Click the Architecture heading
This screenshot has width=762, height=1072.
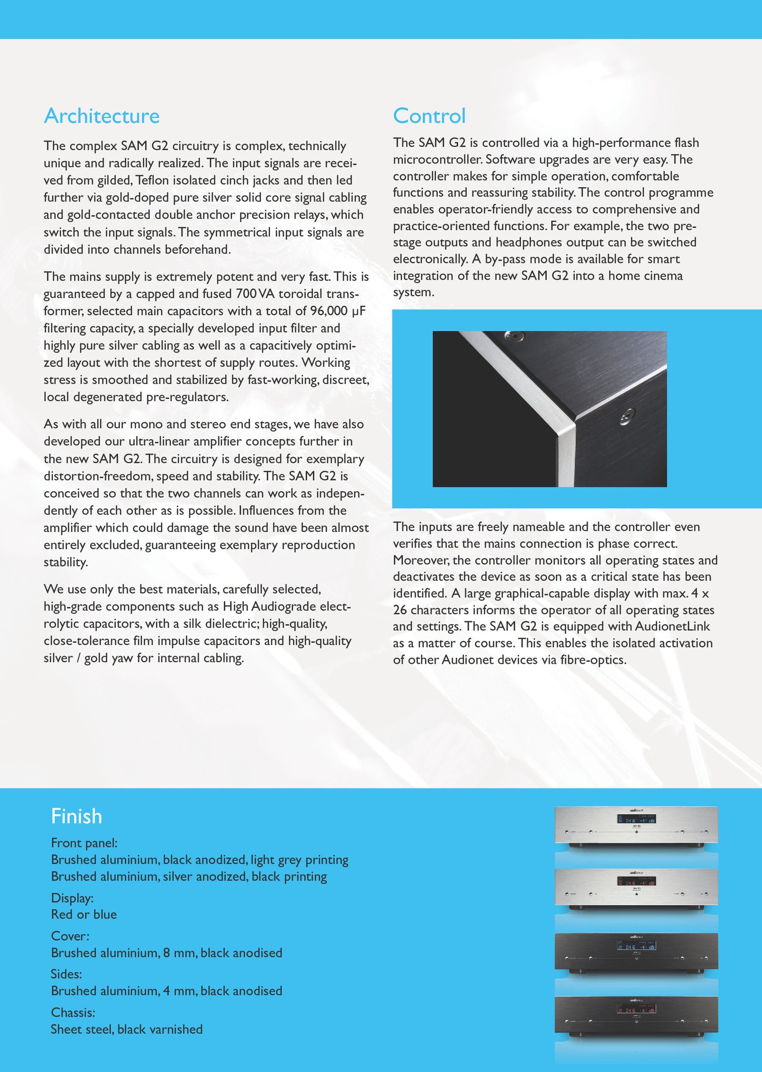click(x=101, y=116)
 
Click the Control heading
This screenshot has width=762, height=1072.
click(x=429, y=116)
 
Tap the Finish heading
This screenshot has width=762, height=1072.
click(x=76, y=816)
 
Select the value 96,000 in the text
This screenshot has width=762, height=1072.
click(x=329, y=311)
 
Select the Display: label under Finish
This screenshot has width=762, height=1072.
click(x=72, y=898)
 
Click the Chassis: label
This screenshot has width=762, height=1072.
click(x=73, y=1012)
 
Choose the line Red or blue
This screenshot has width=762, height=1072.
click(x=84, y=914)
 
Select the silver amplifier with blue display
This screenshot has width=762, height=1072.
click(x=636, y=826)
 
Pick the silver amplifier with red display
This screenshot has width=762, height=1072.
click(x=636, y=888)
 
